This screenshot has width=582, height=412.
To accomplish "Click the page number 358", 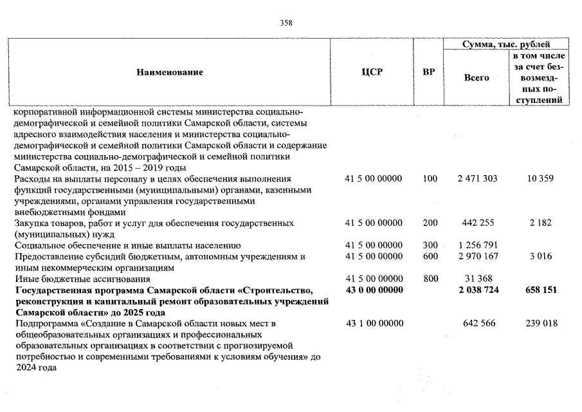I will click(x=287, y=23).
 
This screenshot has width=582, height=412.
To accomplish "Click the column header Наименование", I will click(x=170, y=72).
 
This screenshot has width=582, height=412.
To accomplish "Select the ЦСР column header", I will click(x=372, y=72).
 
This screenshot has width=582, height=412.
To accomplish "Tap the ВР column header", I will click(x=428, y=72).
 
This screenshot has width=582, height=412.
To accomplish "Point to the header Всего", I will click(x=477, y=77).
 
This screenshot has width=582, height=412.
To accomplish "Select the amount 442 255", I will click(x=477, y=223).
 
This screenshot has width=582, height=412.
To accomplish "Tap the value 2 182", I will click(x=540, y=223).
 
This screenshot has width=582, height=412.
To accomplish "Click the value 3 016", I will click(x=540, y=257).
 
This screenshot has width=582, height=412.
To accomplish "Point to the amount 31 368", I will click(x=477, y=279).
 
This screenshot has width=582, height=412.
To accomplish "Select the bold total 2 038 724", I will click(x=477, y=290).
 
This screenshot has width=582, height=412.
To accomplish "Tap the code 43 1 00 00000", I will click(x=374, y=323).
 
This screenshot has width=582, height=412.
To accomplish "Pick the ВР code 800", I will click(x=430, y=279).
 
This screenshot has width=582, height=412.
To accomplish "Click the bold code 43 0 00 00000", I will click(x=374, y=290).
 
